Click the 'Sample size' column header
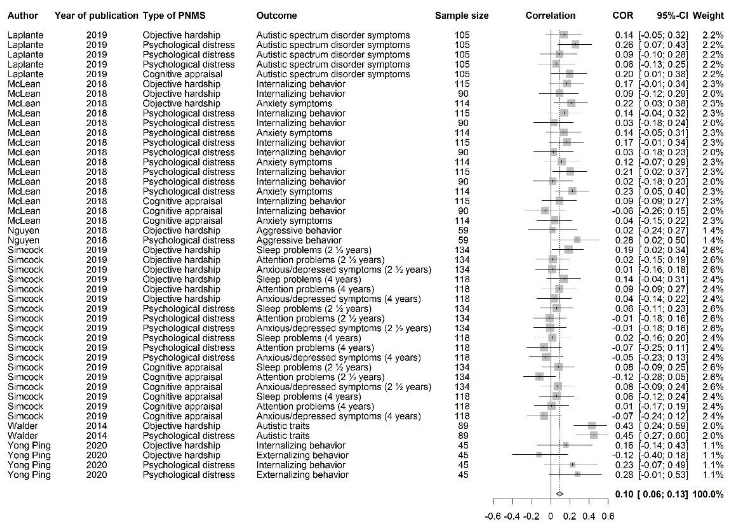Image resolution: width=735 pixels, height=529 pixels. [461, 16]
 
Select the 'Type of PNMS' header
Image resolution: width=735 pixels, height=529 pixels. [174, 16]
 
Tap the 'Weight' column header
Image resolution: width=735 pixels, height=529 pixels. [708, 16]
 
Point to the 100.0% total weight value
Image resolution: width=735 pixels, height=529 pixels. [708, 494]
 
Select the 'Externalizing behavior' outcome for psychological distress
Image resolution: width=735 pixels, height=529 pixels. [302, 475]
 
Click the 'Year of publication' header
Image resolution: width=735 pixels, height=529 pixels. [96, 16]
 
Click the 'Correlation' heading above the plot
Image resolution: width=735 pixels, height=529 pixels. [550, 16]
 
